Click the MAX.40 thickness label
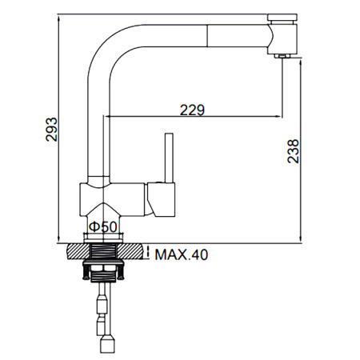coord(181,256)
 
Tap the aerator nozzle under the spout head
coord(280,56)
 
